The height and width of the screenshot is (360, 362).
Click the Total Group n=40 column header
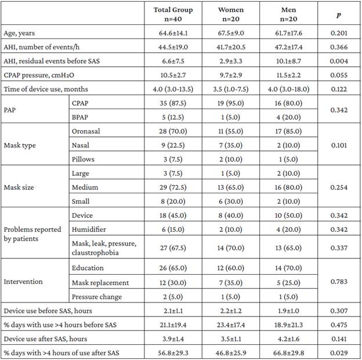pos(173,14)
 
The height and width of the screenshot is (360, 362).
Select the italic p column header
pos(339,14)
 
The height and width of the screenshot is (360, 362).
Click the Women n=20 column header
pos(231,14)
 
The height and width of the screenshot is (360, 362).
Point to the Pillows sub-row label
pos(82,159)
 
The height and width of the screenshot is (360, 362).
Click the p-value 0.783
pos(339,283)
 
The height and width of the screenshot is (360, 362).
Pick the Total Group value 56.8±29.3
pos(173,352)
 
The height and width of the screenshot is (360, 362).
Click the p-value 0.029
pos(339,352)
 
